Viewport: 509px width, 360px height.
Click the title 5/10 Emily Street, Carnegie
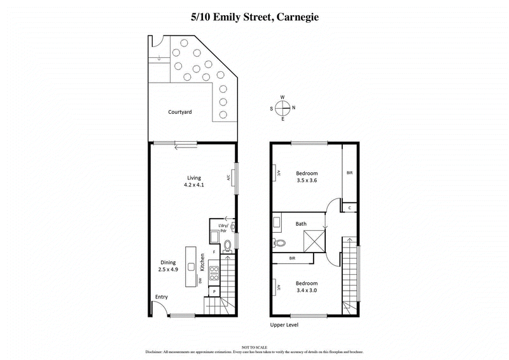click(x=254, y=18)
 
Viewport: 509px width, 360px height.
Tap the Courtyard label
click(x=180, y=112)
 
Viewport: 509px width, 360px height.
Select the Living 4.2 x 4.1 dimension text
click(x=193, y=186)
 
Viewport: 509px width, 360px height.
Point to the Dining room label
click(x=167, y=261)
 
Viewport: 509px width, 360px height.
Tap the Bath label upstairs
click(x=302, y=224)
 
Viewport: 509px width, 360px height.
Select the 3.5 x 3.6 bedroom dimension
click(x=307, y=181)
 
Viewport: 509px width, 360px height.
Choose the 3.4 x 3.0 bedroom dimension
click(x=307, y=291)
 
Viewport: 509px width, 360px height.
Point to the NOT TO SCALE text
click(x=254, y=347)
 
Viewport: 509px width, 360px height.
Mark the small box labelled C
click(x=350, y=207)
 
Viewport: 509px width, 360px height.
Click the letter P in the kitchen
click(x=214, y=291)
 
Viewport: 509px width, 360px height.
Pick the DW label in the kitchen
click(x=200, y=280)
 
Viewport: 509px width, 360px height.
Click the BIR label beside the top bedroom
click(x=349, y=173)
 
